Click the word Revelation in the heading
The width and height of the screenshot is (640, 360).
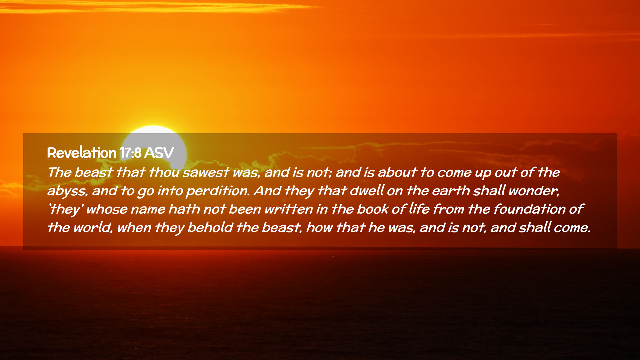pos(82,153)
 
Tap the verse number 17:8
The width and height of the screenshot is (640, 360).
pos(130,153)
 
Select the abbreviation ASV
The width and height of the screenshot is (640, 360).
pos(159,153)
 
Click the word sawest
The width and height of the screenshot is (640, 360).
pos(206,172)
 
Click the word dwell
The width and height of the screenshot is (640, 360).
pos(366,191)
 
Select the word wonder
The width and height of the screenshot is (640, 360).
pos(534,191)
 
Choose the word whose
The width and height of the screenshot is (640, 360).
pos(107,209)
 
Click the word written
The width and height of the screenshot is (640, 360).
pos(289,209)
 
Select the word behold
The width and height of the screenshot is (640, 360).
pos(210,228)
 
